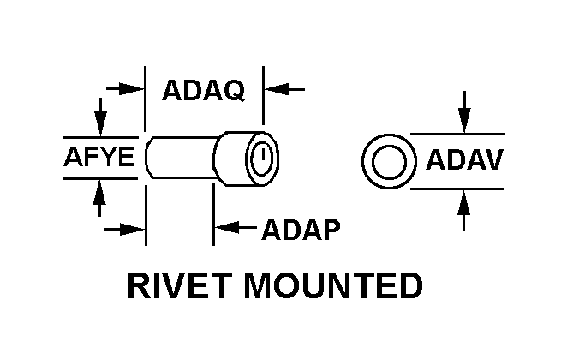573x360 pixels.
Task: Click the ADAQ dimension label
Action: [x=203, y=89]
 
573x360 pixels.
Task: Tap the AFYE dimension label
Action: [x=99, y=159]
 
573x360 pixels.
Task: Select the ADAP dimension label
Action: [x=301, y=230]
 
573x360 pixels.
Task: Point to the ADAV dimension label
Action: [x=463, y=160]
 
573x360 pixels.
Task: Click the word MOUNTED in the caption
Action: [x=334, y=286]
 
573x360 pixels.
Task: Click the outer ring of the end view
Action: [x=368, y=160]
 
